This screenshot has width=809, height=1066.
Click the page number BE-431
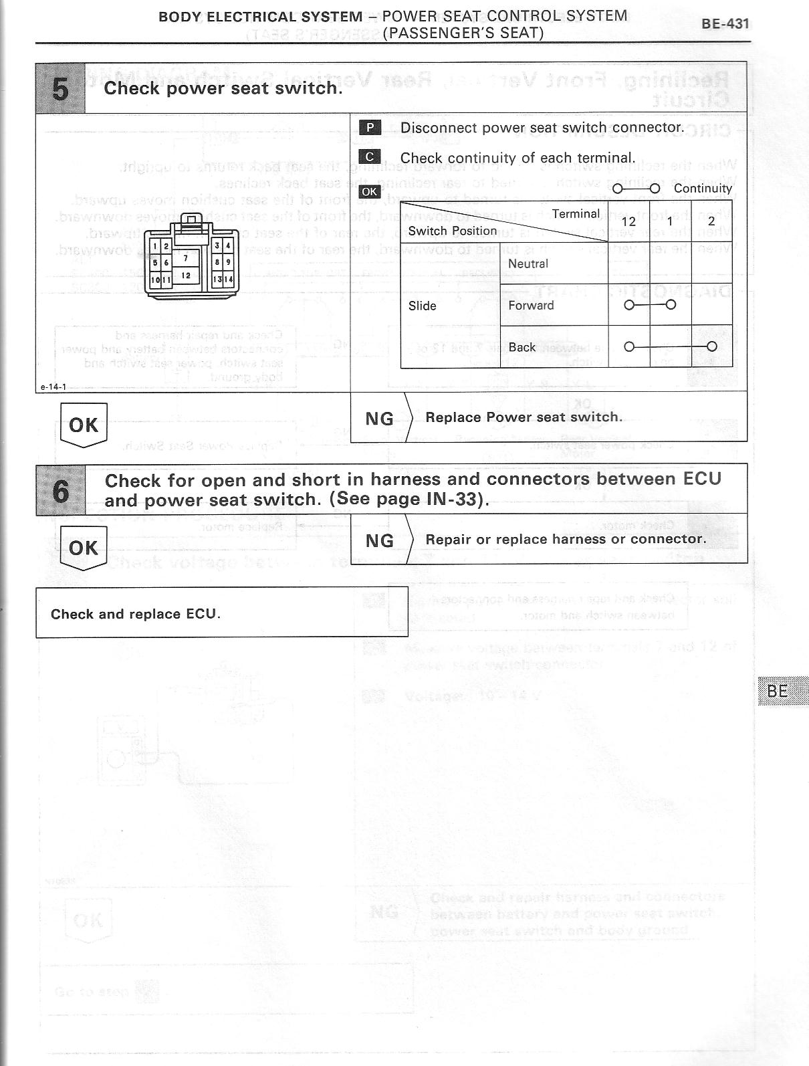[725, 24]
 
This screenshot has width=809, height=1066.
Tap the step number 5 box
[60, 88]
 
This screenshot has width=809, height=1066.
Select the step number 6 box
[60, 490]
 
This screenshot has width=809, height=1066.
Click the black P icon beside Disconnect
[370, 128]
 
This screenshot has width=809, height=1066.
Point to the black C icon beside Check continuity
[370, 157]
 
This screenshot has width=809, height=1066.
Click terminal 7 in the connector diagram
[185, 258]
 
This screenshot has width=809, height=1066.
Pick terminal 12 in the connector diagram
[186, 276]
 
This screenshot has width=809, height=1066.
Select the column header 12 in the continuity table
[628, 221]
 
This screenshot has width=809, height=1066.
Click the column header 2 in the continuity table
[711, 221]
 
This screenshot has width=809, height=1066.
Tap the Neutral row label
[528, 263]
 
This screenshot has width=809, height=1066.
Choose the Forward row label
[531, 306]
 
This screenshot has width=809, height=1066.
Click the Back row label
[522, 347]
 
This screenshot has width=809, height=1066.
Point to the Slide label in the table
[422, 306]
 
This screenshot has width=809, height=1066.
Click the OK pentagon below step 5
[84, 425]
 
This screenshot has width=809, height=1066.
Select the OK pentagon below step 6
[84, 548]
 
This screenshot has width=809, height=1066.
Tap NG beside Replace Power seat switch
[379, 419]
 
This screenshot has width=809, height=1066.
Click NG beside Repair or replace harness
[379, 540]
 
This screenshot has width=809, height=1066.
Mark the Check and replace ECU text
[135, 614]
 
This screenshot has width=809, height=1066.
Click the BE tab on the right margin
[778, 691]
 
